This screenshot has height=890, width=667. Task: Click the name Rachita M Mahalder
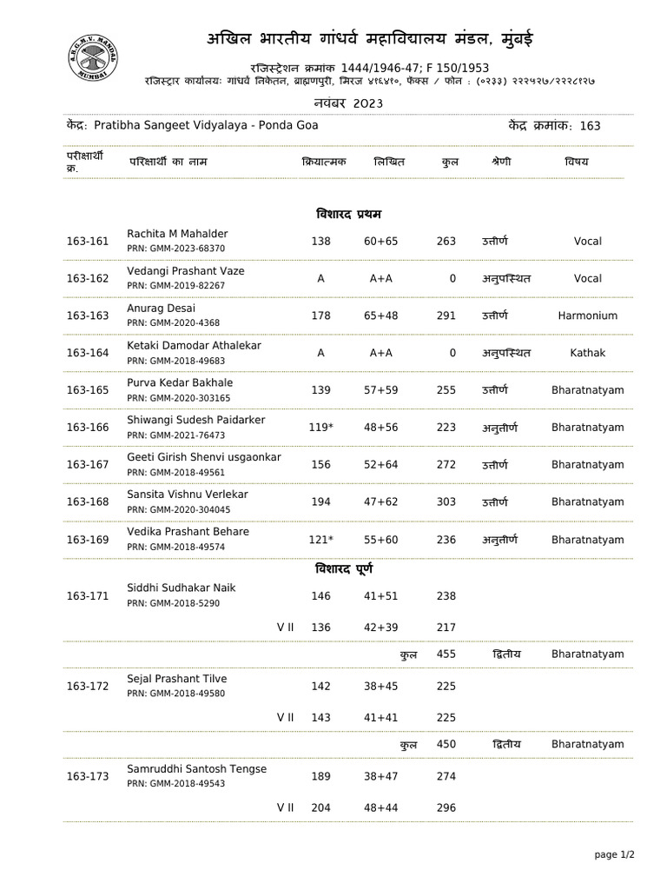pyautogui.click(x=177, y=234)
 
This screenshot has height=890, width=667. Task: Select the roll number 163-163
pyautogui.click(x=88, y=316)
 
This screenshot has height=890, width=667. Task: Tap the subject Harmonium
pyautogui.click(x=587, y=316)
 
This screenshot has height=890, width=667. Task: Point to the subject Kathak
pyautogui.click(x=587, y=354)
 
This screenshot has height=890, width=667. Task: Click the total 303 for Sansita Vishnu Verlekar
pyautogui.click(x=446, y=502)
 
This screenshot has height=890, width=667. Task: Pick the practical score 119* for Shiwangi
pyautogui.click(x=320, y=428)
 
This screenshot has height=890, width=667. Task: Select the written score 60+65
pyautogui.click(x=380, y=242)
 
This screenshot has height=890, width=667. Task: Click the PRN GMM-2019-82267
pyautogui.click(x=175, y=286)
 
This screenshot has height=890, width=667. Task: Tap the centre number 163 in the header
pyautogui.click(x=590, y=126)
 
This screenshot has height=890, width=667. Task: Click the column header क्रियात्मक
pyautogui.click(x=324, y=162)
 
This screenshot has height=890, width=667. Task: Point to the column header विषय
pyautogui.click(x=576, y=162)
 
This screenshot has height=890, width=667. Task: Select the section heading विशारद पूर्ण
pyautogui.click(x=347, y=569)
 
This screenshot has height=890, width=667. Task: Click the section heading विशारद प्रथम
pyautogui.click(x=347, y=214)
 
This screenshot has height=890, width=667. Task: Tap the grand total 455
pyautogui.click(x=446, y=654)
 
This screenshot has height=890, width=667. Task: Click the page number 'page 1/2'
pyautogui.click(x=614, y=855)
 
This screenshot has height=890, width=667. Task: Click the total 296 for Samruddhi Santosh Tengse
pyautogui.click(x=446, y=807)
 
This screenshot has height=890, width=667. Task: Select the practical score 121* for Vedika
pyautogui.click(x=320, y=540)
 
